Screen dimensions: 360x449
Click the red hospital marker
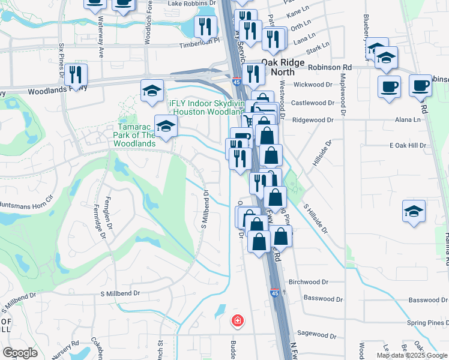coord(238,320)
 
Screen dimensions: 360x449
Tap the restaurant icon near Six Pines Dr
coord(76,74)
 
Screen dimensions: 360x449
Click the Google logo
coord(20,352)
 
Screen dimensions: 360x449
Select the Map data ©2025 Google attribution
coord(412,355)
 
